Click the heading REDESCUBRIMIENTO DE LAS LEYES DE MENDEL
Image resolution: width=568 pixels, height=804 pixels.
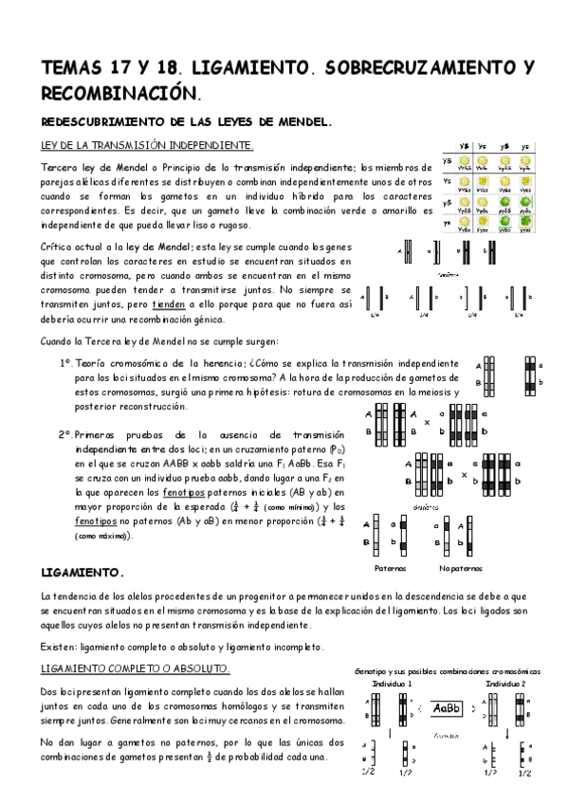pos(188,122)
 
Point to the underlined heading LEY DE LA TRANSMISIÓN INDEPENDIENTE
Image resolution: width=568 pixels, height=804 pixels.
pos(147,145)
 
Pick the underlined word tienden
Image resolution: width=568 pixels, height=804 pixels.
pos(167,304)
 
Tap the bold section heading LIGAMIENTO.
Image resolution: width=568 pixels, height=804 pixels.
pos(83,574)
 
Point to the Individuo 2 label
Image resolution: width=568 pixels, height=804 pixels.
pos(504,683)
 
